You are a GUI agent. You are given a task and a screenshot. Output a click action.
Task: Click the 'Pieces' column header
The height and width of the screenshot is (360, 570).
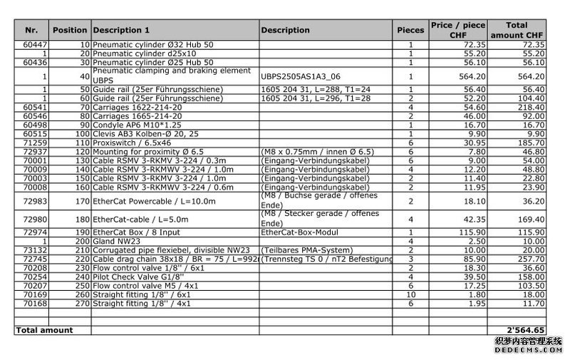pyautogui.click(x=410, y=30)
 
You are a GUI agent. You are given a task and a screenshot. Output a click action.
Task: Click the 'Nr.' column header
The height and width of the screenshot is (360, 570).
pyautogui.click(x=31, y=30)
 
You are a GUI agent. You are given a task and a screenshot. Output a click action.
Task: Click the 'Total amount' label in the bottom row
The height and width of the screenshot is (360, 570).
pyautogui.click(x=44, y=330)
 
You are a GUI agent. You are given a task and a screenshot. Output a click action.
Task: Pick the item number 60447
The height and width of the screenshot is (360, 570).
pyautogui.click(x=35, y=45)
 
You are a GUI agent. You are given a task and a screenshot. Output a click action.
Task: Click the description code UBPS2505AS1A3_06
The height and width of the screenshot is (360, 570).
pyautogui.click(x=301, y=76)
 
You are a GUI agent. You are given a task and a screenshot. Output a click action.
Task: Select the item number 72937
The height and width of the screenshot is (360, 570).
pyautogui.click(x=35, y=152)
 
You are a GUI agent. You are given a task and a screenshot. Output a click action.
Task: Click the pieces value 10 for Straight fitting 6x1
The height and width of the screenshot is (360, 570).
pyautogui.click(x=410, y=294)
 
